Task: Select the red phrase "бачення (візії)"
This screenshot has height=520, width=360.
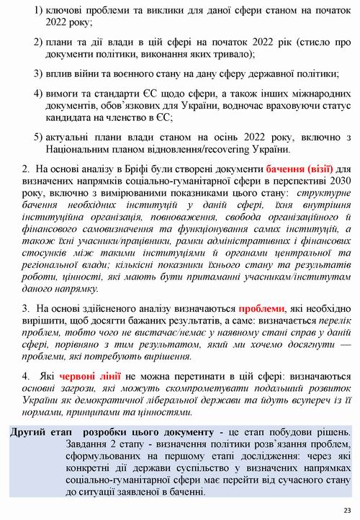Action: [275, 169]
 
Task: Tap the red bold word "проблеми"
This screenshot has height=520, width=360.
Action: [262, 305]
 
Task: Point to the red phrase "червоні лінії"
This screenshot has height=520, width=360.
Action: [91, 376]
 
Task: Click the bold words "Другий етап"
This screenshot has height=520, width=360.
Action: [40, 432]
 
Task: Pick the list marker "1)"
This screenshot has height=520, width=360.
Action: [38, 12]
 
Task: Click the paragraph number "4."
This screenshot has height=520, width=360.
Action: [27, 376]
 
